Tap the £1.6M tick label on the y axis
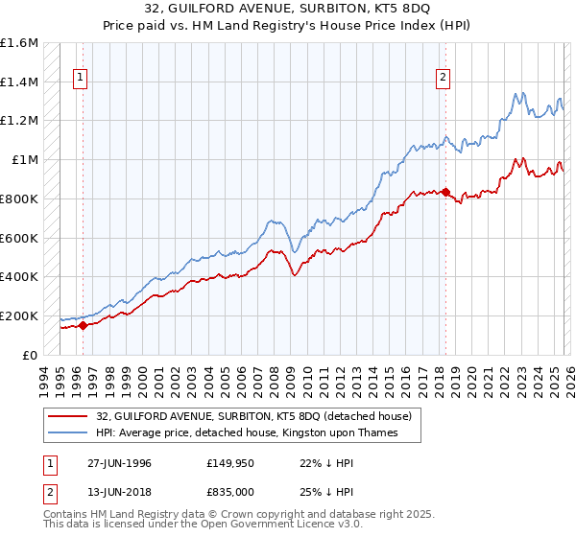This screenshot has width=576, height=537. pyautogui.click(x=19, y=43)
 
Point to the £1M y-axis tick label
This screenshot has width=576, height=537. pyautogui.click(x=25, y=160)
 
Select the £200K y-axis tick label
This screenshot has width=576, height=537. pyautogui.click(x=19, y=315)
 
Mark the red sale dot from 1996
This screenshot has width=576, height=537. pyautogui.click(x=83, y=325)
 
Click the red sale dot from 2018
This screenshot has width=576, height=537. pyautogui.click(x=444, y=192)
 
